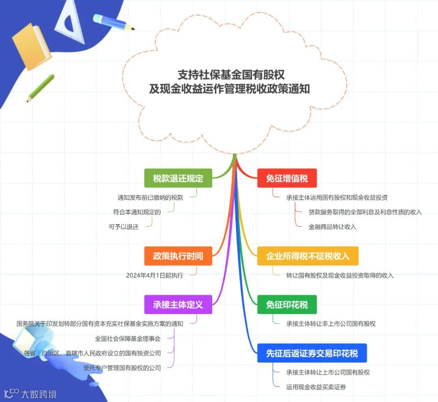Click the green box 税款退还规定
click(178, 178)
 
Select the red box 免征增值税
click(287, 178)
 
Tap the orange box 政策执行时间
click(178, 256)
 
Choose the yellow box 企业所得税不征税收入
click(308, 256)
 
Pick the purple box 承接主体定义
click(178, 305)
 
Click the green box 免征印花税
click(287, 305)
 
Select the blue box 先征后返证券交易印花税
click(312, 353)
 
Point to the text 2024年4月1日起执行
click(155, 275)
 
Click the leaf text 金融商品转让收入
click(332, 227)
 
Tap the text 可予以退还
click(124, 227)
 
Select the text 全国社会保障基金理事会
click(128, 338)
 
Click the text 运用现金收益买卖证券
click(316, 387)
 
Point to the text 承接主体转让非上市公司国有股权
click(331, 324)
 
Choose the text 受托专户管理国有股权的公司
click(122, 368)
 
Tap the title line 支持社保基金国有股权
click(231, 75)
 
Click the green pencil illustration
click(41, 88)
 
